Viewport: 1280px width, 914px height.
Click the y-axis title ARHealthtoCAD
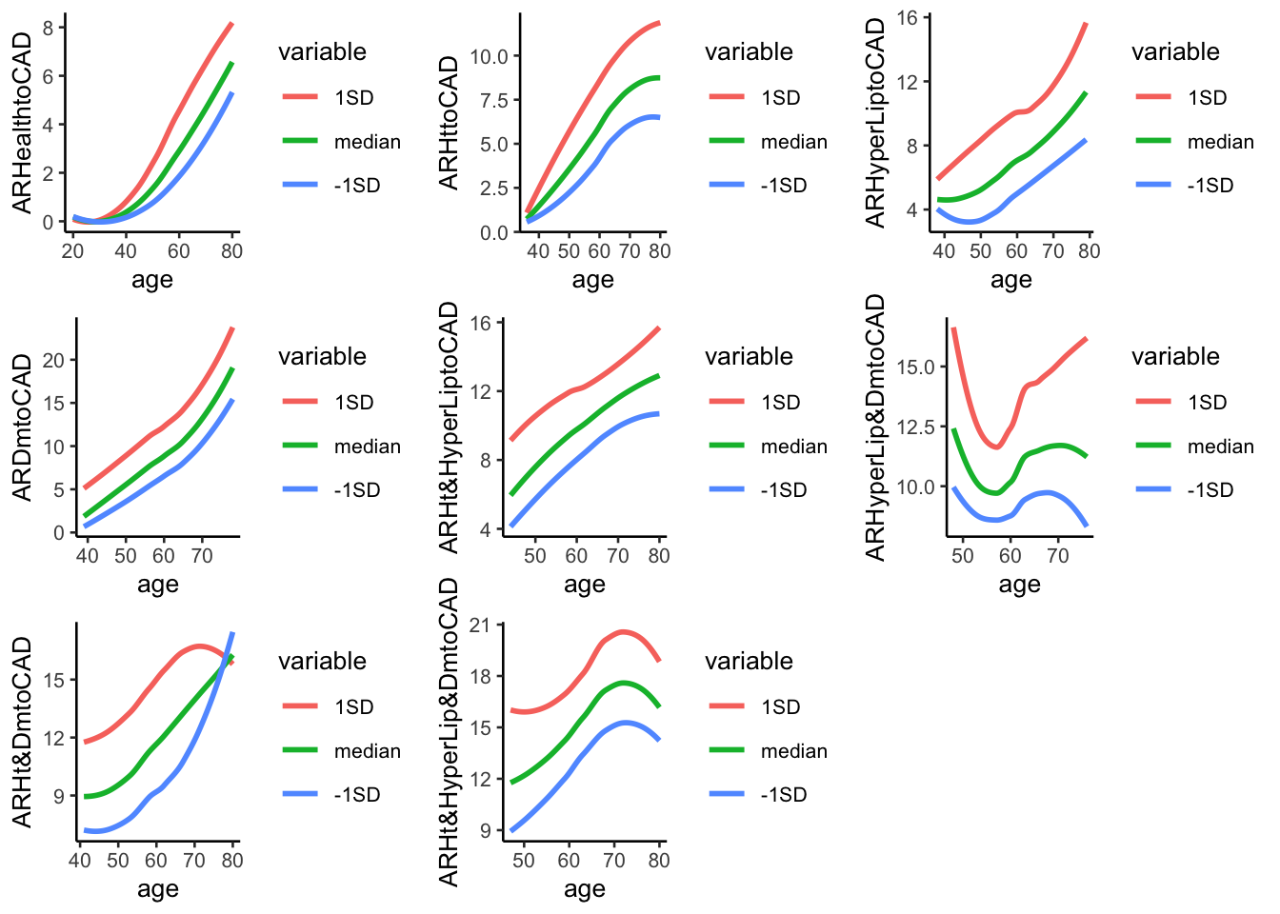23,122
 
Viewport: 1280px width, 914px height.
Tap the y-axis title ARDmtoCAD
23,427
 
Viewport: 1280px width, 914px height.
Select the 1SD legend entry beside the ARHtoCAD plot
780,97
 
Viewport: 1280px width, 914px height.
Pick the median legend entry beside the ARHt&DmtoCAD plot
367,751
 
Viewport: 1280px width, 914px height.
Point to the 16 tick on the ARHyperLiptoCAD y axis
907,18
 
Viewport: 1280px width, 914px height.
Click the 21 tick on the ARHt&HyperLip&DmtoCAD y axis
479,626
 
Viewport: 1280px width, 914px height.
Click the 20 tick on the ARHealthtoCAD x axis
72,251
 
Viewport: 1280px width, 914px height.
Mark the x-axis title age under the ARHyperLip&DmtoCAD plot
1019,585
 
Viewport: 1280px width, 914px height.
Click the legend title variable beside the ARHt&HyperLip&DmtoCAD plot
749,661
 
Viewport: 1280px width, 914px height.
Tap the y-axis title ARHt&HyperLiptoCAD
450,427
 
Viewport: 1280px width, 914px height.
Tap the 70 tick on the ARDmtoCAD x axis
202,556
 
